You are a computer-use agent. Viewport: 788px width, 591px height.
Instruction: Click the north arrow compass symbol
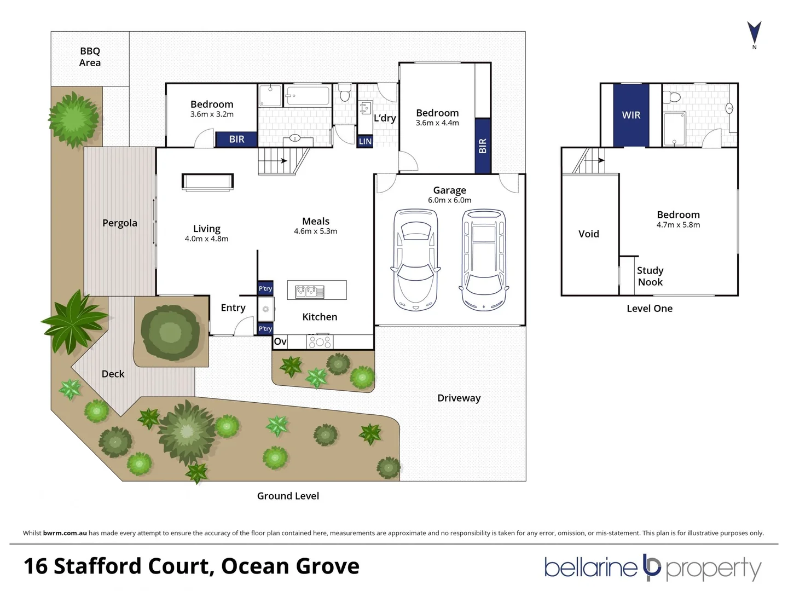pos(754,33)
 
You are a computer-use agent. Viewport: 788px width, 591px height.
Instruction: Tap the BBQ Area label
pos(90,57)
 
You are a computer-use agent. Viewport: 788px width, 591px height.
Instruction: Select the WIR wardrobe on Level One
pos(631,115)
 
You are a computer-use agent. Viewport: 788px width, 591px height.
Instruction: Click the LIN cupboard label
pos(365,141)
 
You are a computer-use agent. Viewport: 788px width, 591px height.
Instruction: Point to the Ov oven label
pos(280,341)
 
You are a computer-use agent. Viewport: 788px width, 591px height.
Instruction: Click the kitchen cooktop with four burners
pos(320,341)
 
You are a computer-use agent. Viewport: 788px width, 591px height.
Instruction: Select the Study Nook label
pos(650,276)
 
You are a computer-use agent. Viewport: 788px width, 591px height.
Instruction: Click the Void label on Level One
pos(589,234)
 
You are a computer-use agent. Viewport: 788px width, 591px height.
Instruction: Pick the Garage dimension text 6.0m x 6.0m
pos(449,200)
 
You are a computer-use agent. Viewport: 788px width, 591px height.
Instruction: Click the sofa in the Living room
pos(207,182)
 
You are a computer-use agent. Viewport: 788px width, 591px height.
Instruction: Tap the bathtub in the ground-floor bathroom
pos(308,96)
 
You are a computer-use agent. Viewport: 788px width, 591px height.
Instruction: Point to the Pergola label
pos(119,223)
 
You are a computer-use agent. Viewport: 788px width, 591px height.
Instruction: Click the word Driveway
pos(459,398)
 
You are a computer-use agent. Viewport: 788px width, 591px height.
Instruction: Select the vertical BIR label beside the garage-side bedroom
pos(483,146)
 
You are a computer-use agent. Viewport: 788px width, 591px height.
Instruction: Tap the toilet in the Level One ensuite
pos(671,97)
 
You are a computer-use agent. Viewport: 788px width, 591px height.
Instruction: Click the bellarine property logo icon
pos(651,567)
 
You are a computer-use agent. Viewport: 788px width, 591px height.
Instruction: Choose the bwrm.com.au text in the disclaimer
pos(65,533)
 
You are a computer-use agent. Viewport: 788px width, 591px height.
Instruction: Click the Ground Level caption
pos(288,496)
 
